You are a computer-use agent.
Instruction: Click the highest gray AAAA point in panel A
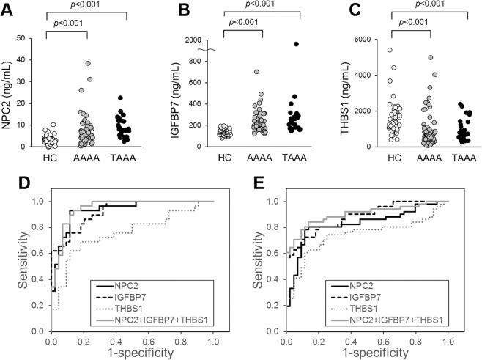point(89,64)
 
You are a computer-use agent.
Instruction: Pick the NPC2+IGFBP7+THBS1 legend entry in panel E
point(425,320)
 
